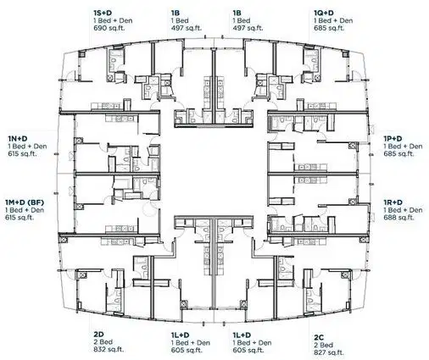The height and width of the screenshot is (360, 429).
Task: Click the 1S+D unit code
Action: [104, 12]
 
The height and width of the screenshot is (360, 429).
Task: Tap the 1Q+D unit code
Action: [324, 12]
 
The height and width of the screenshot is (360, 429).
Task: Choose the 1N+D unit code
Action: [18, 137]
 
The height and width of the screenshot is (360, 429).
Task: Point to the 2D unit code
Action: [98, 335]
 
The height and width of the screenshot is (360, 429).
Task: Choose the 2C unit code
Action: [319, 335]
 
